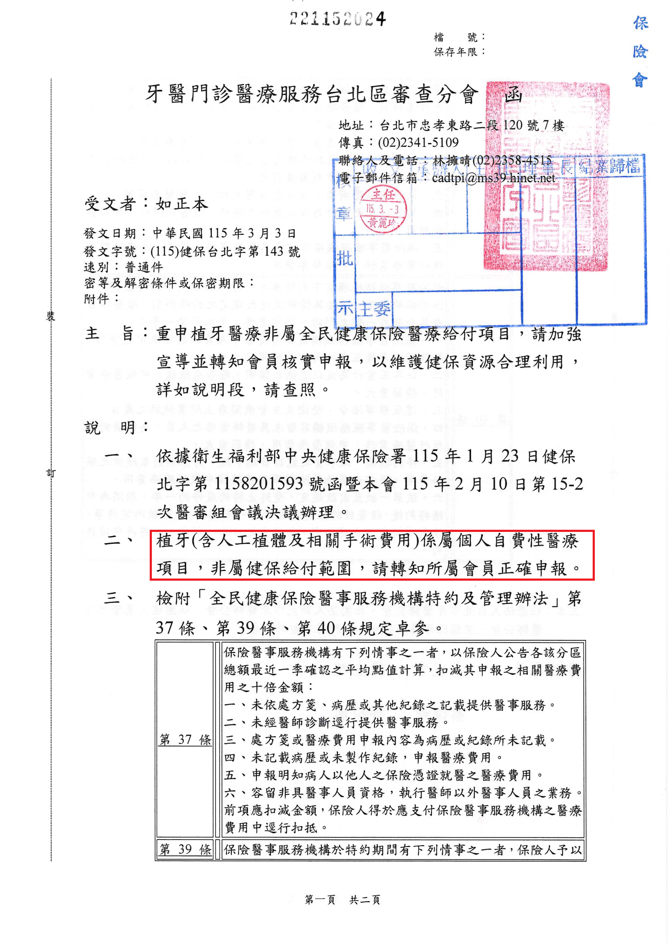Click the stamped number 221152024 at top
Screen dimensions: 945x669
pos(337,19)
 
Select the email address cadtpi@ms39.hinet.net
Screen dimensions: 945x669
pos(493,178)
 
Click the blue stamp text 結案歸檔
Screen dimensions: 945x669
pos(609,166)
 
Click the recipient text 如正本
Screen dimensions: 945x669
pos(182,204)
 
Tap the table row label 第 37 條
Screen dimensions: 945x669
pos(185,740)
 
